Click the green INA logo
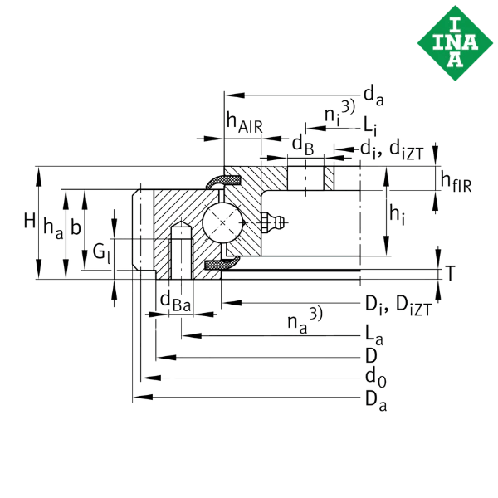455,43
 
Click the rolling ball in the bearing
222,222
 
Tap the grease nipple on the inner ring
273,222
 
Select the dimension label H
30,221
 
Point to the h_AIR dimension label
245,123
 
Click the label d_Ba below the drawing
175,302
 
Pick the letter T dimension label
451,273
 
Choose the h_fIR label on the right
456,181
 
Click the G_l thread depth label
101,253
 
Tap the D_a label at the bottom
376,401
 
